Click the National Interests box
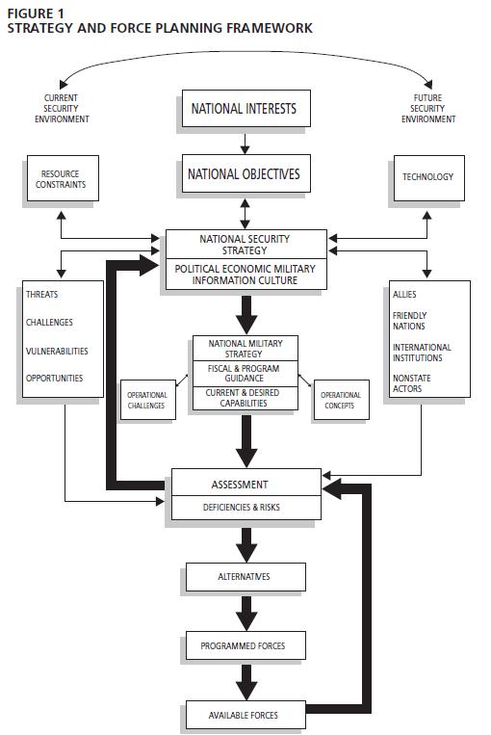[245, 108]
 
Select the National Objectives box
[245, 173]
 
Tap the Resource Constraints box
[63, 178]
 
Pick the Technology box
[429, 178]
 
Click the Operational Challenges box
[148, 400]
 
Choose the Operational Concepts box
[341, 400]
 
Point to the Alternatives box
[245, 577]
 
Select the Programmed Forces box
[245, 645]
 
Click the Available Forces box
[245, 715]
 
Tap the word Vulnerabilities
[57, 351]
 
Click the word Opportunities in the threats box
[54, 378]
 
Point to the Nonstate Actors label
[412, 383]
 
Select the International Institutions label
[422, 352]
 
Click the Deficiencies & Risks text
[242, 508]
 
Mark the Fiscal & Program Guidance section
[245, 373]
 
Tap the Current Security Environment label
[62, 108]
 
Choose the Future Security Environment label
[428, 108]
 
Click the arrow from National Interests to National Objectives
[245, 144]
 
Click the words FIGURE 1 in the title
[36, 14]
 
